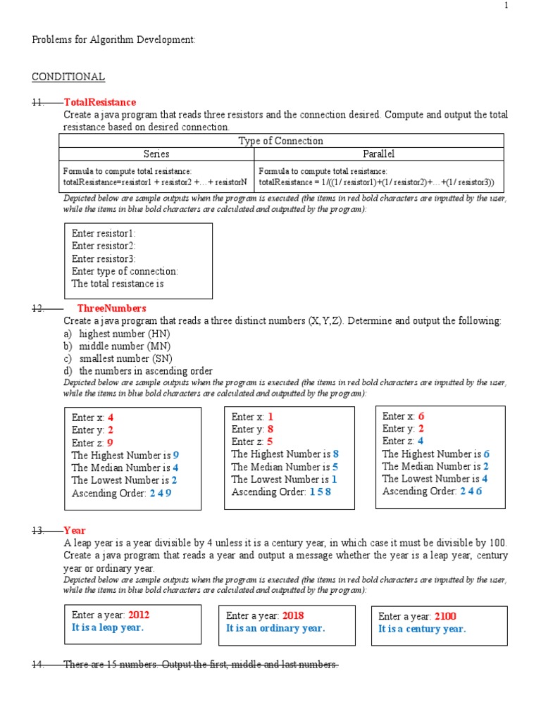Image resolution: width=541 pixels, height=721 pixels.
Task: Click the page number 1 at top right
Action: [525, 6]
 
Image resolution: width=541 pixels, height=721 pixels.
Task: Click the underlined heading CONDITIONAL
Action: [68, 77]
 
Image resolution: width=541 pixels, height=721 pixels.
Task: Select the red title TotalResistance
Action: [99, 102]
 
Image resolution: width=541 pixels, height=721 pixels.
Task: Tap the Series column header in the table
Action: [156, 153]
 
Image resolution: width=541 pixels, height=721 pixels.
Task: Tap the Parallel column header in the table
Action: [379, 153]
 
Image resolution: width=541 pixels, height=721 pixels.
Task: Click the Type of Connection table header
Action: [281, 141]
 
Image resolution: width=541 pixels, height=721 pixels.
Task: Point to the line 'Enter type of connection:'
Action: [125, 271]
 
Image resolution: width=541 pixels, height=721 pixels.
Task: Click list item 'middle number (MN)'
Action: [125, 346]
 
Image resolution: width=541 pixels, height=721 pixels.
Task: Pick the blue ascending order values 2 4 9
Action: [161, 494]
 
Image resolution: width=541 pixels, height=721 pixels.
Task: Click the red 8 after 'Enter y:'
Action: [270, 429]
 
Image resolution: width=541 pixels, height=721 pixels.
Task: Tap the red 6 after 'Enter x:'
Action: [421, 416]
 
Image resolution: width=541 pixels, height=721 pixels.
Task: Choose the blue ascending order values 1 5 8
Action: [320, 492]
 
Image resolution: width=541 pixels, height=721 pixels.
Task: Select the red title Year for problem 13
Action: [75, 530]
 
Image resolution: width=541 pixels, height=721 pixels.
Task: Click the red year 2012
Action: [139, 615]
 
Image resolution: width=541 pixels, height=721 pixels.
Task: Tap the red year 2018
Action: [293, 615]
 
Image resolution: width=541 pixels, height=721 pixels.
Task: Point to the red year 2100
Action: [446, 616]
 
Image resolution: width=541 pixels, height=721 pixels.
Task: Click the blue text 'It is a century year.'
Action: [422, 629]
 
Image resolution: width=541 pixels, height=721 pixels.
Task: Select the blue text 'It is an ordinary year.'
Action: [275, 628]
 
